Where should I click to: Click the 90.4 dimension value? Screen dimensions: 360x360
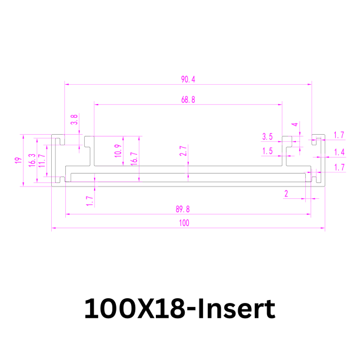point(188,79)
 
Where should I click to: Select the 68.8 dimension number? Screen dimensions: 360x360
point(188,99)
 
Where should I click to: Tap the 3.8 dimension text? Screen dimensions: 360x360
point(74,119)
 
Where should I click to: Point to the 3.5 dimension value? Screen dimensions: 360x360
point(268,136)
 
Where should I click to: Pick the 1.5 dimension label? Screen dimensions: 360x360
point(268,151)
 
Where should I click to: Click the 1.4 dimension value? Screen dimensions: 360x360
point(339,152)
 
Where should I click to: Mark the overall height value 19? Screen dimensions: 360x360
point(18,160)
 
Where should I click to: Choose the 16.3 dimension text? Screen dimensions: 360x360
point(32,160)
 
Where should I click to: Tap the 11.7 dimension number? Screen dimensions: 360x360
point(42,161)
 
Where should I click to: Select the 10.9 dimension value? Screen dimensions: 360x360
point(118,151)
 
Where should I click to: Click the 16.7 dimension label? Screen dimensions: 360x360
point(134,158)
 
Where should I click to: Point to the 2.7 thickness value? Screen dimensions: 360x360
point(183,151)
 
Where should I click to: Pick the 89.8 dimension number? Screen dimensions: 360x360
point(183,209)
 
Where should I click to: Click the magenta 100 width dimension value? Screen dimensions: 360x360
point(184,223)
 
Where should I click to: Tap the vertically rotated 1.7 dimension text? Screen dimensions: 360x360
point(90,201)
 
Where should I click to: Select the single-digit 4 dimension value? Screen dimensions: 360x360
point(295,125)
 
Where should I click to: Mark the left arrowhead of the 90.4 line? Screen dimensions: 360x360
point(67,84)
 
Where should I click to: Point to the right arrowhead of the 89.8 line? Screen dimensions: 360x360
point(309,214)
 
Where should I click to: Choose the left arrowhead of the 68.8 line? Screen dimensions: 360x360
point(96,105)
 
